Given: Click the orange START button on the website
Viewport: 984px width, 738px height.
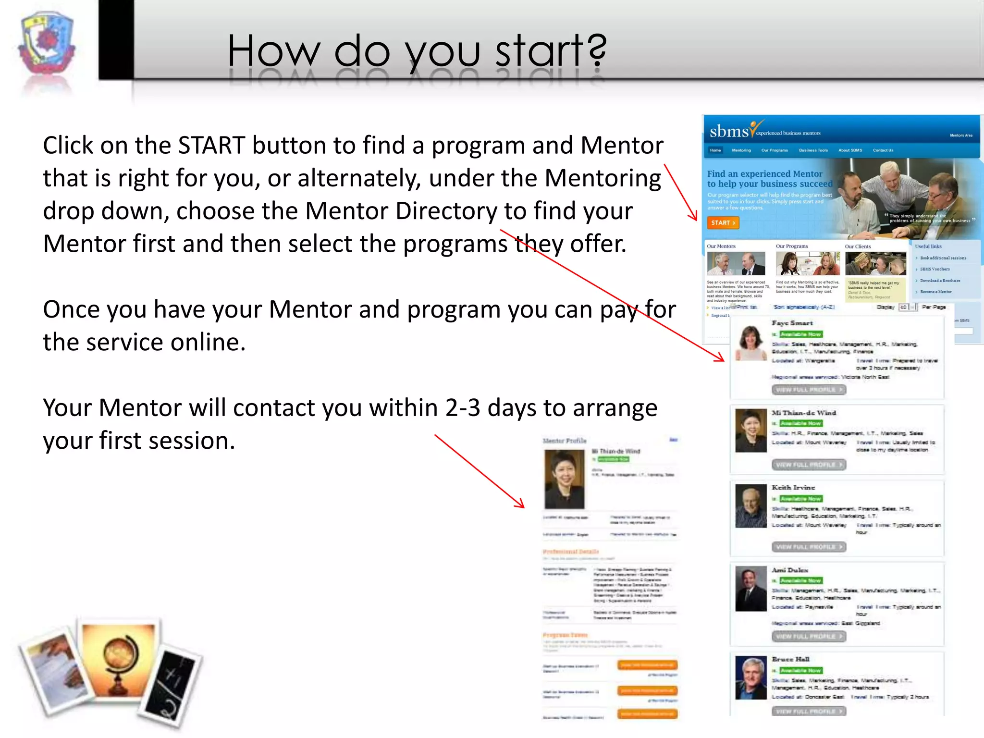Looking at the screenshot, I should [x=723, y=223].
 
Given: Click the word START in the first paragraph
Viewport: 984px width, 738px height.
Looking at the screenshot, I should [x=212, y=146].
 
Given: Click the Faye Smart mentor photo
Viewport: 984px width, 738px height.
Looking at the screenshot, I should [x=750, y=343].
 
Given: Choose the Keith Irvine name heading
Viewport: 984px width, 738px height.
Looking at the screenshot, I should [x=793, y=487].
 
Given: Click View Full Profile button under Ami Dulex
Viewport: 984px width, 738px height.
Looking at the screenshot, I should [x=809, y=636].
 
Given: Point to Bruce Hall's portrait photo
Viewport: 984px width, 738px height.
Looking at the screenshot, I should [x=750, y=677].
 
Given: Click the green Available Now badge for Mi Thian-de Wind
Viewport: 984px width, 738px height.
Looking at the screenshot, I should [x=800, y=423].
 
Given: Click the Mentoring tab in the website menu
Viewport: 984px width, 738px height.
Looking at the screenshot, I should [x=741, y=150].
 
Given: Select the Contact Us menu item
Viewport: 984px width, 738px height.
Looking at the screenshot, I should [x=883, y=150].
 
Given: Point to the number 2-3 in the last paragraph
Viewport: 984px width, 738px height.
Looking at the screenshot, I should [x=462, y=408].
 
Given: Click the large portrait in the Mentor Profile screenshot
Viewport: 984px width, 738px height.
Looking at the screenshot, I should [x=564, y=479].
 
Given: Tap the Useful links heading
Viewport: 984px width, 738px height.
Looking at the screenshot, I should [x=928, y=246].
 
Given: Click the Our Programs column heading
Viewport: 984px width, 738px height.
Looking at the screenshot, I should [x=792, y=246].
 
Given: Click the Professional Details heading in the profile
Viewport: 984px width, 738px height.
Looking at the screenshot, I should [x=571, y=552].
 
